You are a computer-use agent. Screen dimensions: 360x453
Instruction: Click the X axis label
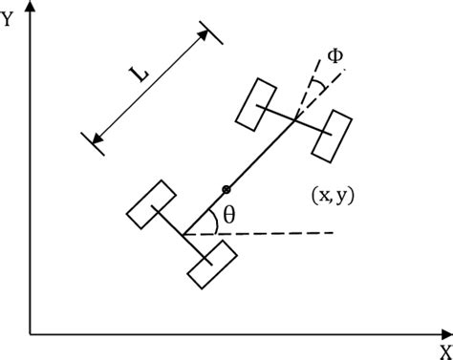[x=444, y=350]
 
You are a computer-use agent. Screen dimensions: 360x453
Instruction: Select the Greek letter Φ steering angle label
[x=334, y=54]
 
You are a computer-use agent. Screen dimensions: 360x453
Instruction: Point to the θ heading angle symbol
[x=228, y=216]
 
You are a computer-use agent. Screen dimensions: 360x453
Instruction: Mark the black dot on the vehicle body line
[x=226, y=188]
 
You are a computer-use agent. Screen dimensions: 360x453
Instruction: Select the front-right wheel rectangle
[x=334, y=136]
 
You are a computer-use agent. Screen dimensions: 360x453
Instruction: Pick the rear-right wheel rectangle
[x=211, y=265]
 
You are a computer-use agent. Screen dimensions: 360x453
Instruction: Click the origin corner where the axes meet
[x=31, y=334]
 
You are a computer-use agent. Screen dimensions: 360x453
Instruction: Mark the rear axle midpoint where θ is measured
[x=183, y=235]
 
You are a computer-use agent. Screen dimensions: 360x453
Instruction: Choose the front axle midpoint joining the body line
[x=295, y=118]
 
